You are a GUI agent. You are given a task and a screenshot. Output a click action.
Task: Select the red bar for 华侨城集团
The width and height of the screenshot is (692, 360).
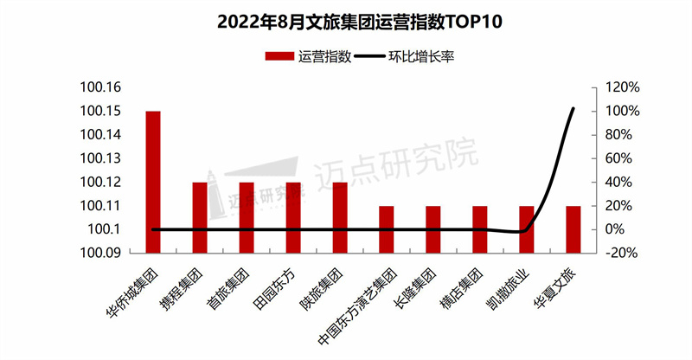point(153,182)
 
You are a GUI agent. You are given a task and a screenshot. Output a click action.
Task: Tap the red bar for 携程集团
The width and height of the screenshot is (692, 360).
point(200,217)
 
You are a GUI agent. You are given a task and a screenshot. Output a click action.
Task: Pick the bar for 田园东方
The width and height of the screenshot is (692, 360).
point(293,217)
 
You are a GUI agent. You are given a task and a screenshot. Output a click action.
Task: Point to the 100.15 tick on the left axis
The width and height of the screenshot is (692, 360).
point(102,112)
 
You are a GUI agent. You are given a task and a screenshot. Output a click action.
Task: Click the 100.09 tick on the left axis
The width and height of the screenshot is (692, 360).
point(102,253)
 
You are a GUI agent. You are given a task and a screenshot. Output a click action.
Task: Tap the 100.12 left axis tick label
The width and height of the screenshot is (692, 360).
point(102,183)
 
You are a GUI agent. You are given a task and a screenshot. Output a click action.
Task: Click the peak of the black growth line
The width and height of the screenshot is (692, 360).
point(573,109)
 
